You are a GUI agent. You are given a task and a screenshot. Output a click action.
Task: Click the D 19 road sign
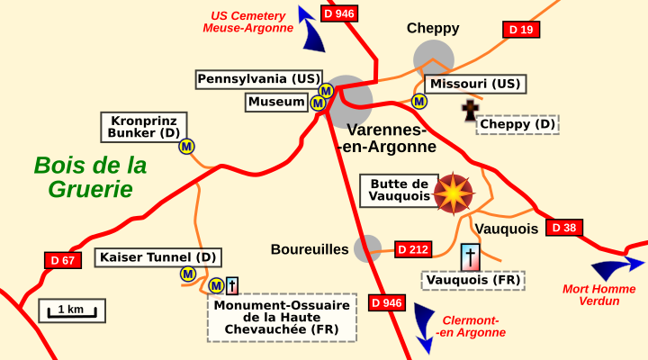pos(521,30)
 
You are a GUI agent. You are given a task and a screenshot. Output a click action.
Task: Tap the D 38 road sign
pos(564,228)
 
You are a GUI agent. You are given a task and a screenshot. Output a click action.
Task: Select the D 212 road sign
pos(414,249)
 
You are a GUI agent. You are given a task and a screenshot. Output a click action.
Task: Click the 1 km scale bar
pos(71,310)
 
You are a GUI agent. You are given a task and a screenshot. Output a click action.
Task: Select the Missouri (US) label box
pos(475,85)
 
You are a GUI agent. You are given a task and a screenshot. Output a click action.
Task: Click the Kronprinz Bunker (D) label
pos(145,127)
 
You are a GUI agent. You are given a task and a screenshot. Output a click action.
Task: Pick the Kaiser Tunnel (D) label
pos(157,257)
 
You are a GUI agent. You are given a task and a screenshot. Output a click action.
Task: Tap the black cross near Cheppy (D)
pos(469,112)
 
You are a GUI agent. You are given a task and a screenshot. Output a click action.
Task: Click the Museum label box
pos(276,103)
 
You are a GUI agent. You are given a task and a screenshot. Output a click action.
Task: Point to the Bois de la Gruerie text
pos(89,177)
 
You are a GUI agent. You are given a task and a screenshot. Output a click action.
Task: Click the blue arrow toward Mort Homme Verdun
pos(618,267)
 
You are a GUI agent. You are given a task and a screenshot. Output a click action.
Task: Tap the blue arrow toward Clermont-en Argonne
pos(421,329)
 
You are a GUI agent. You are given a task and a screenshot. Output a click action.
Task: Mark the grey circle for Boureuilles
pos(367,248)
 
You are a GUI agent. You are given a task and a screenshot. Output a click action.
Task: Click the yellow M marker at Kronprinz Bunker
pos(186,146)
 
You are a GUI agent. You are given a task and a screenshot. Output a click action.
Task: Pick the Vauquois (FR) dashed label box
pos(473,280)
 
